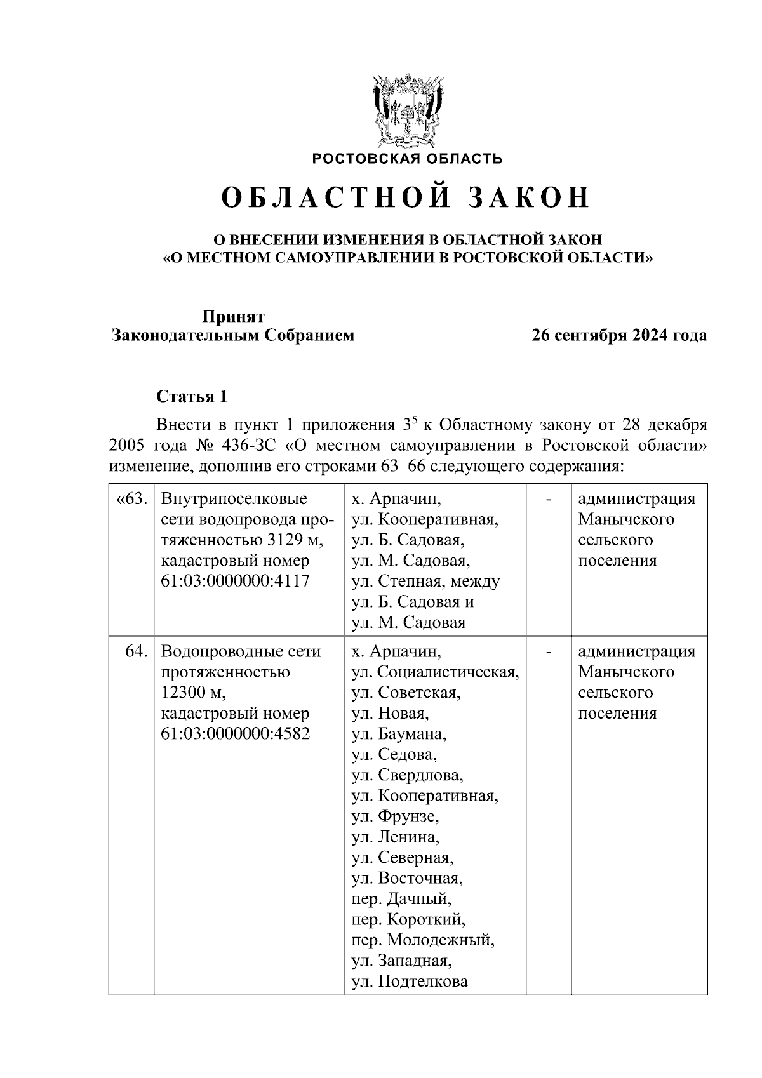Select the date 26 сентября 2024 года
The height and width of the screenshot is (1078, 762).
pos(619,335)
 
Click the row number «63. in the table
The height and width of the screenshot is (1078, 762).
pos(131,499)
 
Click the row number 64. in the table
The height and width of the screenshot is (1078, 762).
pos(137,652)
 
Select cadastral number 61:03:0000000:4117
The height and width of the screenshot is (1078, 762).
pos(236,581)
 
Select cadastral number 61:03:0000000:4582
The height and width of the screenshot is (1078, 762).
pos(236,734)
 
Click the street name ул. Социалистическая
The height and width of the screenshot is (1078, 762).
pos(436,672)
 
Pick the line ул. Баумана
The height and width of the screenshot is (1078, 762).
pos(399,734)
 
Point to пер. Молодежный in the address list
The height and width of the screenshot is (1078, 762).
pos(423,940)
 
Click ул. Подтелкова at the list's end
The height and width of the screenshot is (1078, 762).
pos(410,981)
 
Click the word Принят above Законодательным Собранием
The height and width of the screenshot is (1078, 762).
pos(233,316)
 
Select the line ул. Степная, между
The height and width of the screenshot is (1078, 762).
pos(425,581)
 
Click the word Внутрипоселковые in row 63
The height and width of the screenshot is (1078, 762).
pos(234,499)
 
